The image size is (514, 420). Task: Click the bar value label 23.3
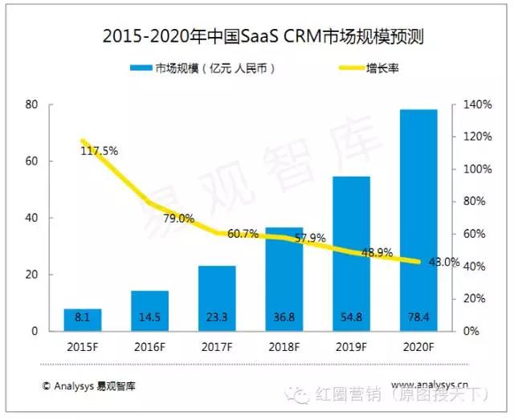click(217, 318)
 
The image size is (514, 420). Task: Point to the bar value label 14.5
click(150, 318)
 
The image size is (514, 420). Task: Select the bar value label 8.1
click(84, 318)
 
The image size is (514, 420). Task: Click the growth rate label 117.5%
click(99, 150)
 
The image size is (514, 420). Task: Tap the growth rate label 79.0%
click(178, 218)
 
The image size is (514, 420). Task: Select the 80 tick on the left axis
click(32, 104)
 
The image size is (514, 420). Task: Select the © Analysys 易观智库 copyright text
click(89, 385)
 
